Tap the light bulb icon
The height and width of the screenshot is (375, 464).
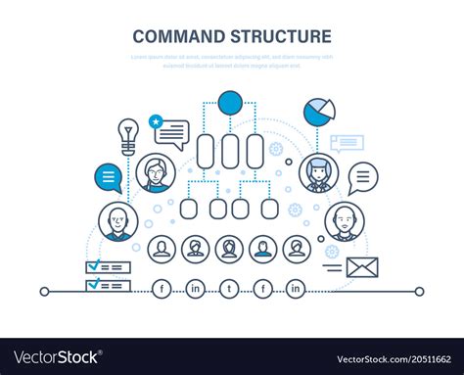click(x=127, y=135)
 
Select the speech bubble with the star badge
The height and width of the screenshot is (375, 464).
click(x=169, y=132)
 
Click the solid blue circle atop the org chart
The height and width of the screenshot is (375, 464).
click(x=230, y=102)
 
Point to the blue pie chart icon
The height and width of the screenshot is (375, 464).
click(x=317, y=110)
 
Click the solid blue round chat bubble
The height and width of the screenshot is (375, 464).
click(x=108, y=178)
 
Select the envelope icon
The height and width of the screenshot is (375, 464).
click(x=361, y=267)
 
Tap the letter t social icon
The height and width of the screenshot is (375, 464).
click(x=229, y=290)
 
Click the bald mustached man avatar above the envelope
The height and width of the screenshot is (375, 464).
click(x=344, y=221)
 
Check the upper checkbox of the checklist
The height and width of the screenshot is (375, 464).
click(x=94, y=266)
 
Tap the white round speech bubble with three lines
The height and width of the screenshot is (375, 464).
click(x=362, y=177)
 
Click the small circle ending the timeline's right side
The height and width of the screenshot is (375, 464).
click(x=419, y=291)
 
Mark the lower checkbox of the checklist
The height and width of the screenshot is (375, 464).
click(x=94, y=284)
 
